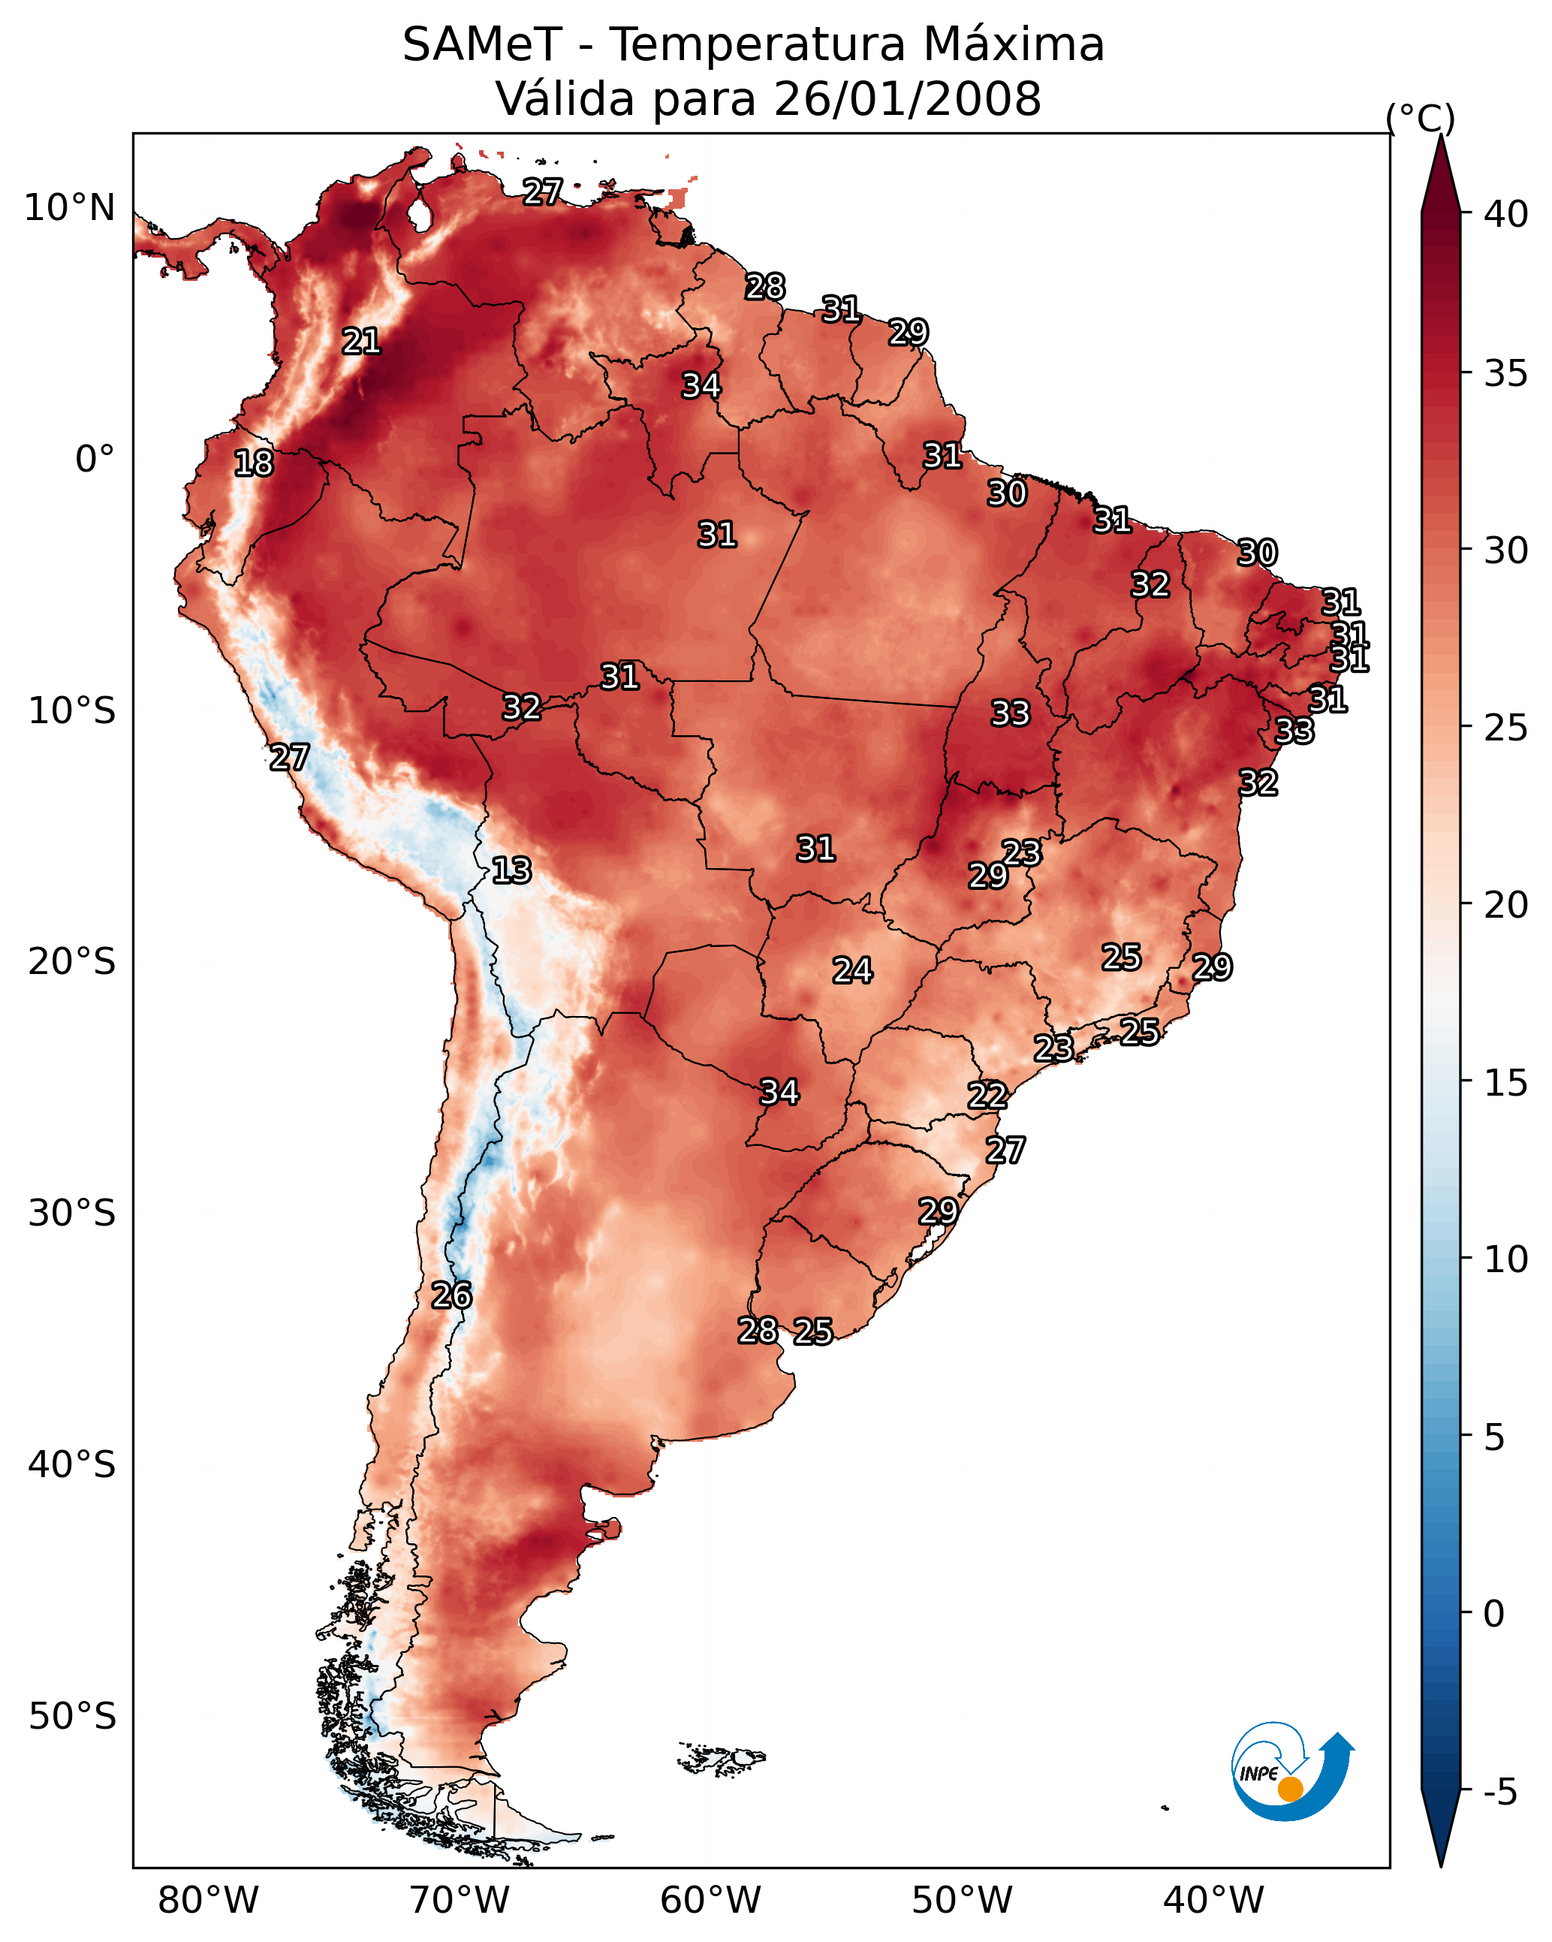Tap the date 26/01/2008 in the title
907,98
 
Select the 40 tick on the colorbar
1506,214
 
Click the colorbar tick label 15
1506,1083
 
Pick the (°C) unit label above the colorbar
1420,118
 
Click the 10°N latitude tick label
69,208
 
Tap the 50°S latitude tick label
72,1717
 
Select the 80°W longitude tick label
208,1901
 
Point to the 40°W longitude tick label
1213,1901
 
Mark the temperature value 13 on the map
511,870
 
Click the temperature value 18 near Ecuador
254,463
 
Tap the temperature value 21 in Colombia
361,342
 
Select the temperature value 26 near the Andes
451,1295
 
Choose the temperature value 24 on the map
852,970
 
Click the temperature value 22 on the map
987,1096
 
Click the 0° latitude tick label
95,460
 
